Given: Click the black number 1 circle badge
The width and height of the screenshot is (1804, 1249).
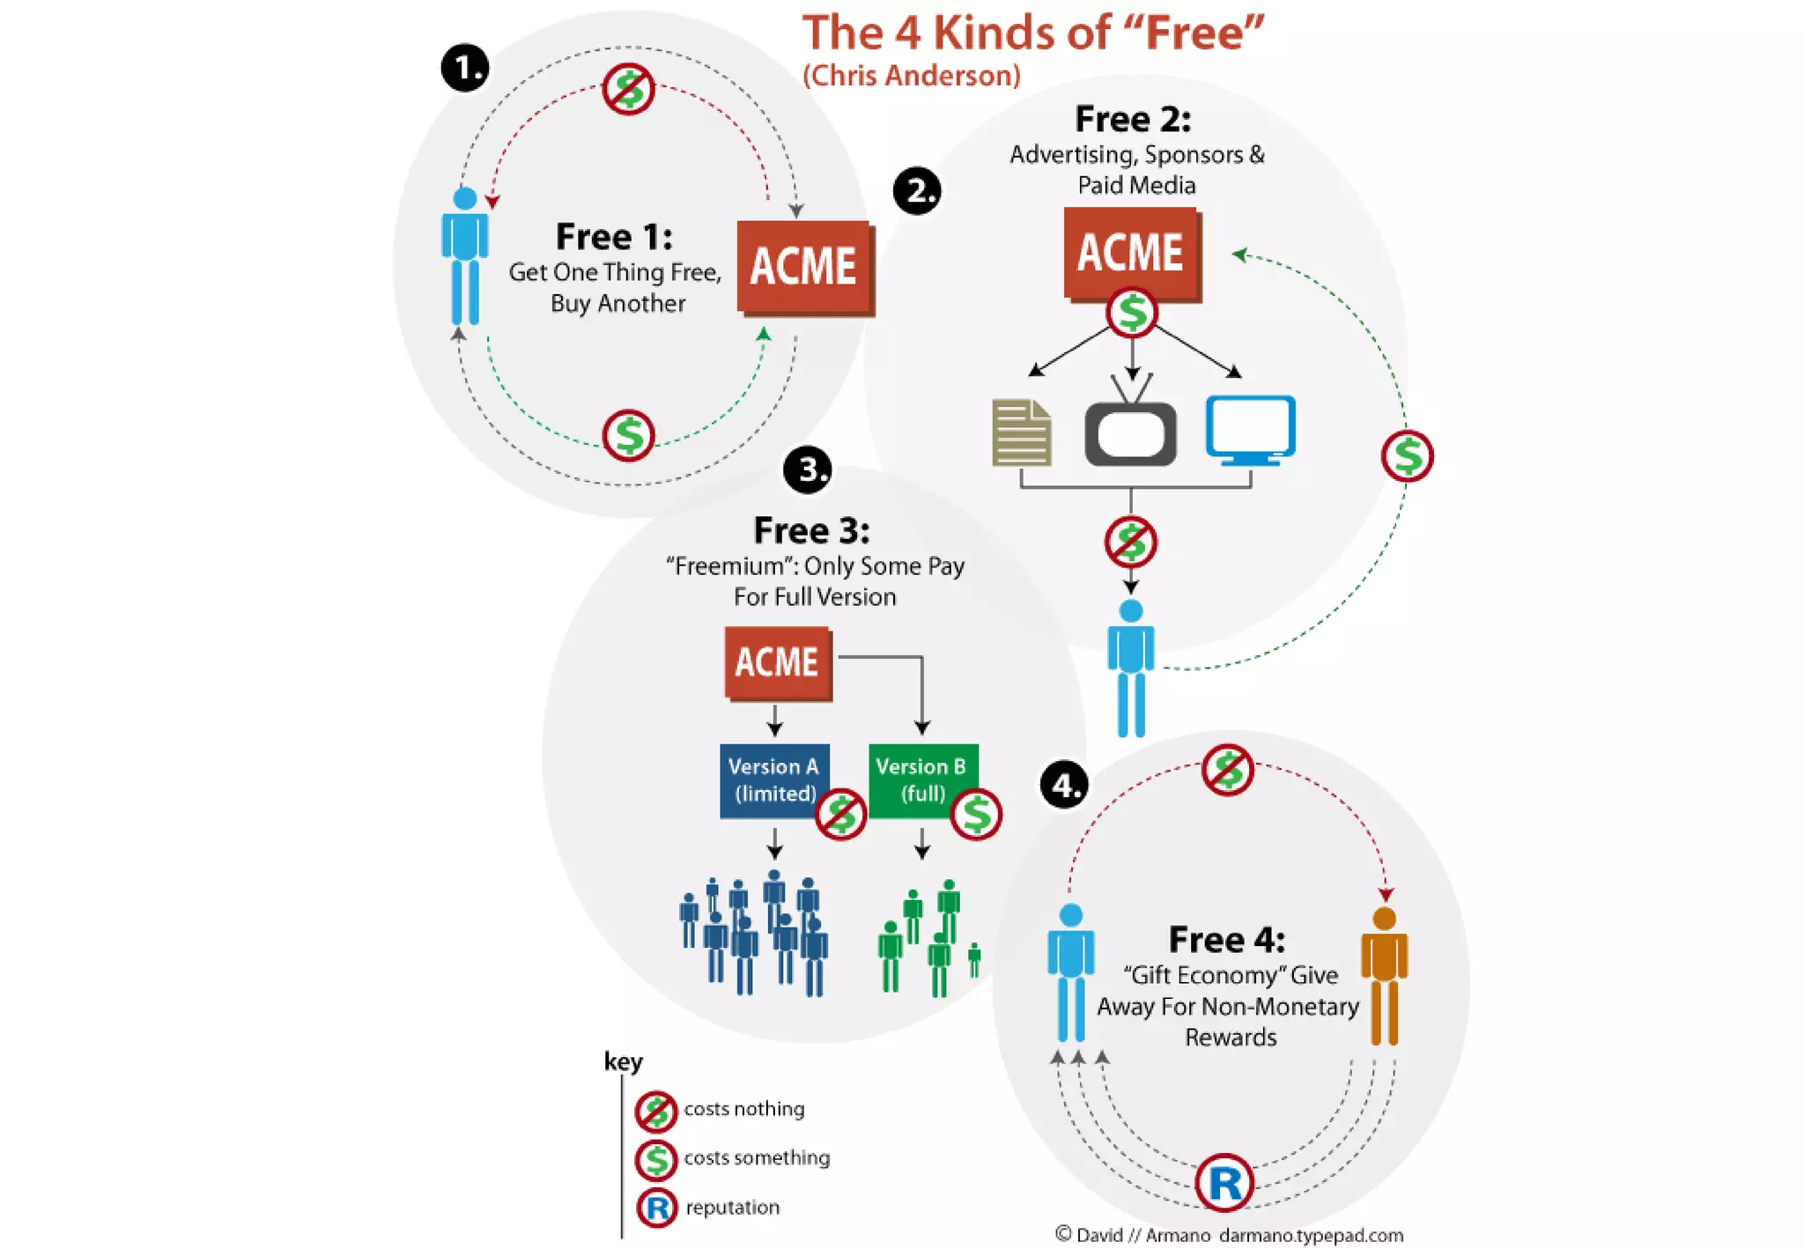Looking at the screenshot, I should [x=465, y=68].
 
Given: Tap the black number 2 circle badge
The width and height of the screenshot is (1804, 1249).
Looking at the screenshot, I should [x=917, y=191].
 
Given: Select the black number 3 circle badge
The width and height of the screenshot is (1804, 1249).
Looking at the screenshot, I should [x=807, y=469].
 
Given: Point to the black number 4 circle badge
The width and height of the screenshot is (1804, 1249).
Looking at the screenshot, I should [x=1064, y=784].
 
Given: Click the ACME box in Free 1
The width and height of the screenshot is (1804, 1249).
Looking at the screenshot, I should [x=804, y=267].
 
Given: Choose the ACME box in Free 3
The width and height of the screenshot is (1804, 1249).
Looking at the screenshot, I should [x=778, y=662].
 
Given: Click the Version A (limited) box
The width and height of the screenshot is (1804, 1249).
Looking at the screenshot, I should [x=773, y=780].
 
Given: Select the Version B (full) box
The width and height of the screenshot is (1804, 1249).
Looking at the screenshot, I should [x=921, y=780].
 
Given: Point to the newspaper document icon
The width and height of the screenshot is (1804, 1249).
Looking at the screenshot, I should [x=1022, y=432].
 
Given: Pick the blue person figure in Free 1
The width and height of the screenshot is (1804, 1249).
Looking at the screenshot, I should [x=464, y=255].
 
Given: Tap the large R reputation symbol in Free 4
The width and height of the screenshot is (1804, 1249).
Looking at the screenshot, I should [x=1224, y=1182].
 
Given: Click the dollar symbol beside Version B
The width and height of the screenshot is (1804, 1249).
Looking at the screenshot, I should [x=976, y=815].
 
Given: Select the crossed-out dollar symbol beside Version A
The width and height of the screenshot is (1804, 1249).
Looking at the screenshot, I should [x=841, y=815].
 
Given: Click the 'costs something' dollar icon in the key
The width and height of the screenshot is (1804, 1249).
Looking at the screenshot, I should [x=656, y=1159].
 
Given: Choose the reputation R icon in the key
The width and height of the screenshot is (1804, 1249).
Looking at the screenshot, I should [x=656, y=1208].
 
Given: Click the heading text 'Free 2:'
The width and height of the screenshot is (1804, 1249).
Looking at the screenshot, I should [x=1133, y=119].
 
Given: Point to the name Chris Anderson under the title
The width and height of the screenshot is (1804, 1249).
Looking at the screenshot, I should [x=912, y=76].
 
